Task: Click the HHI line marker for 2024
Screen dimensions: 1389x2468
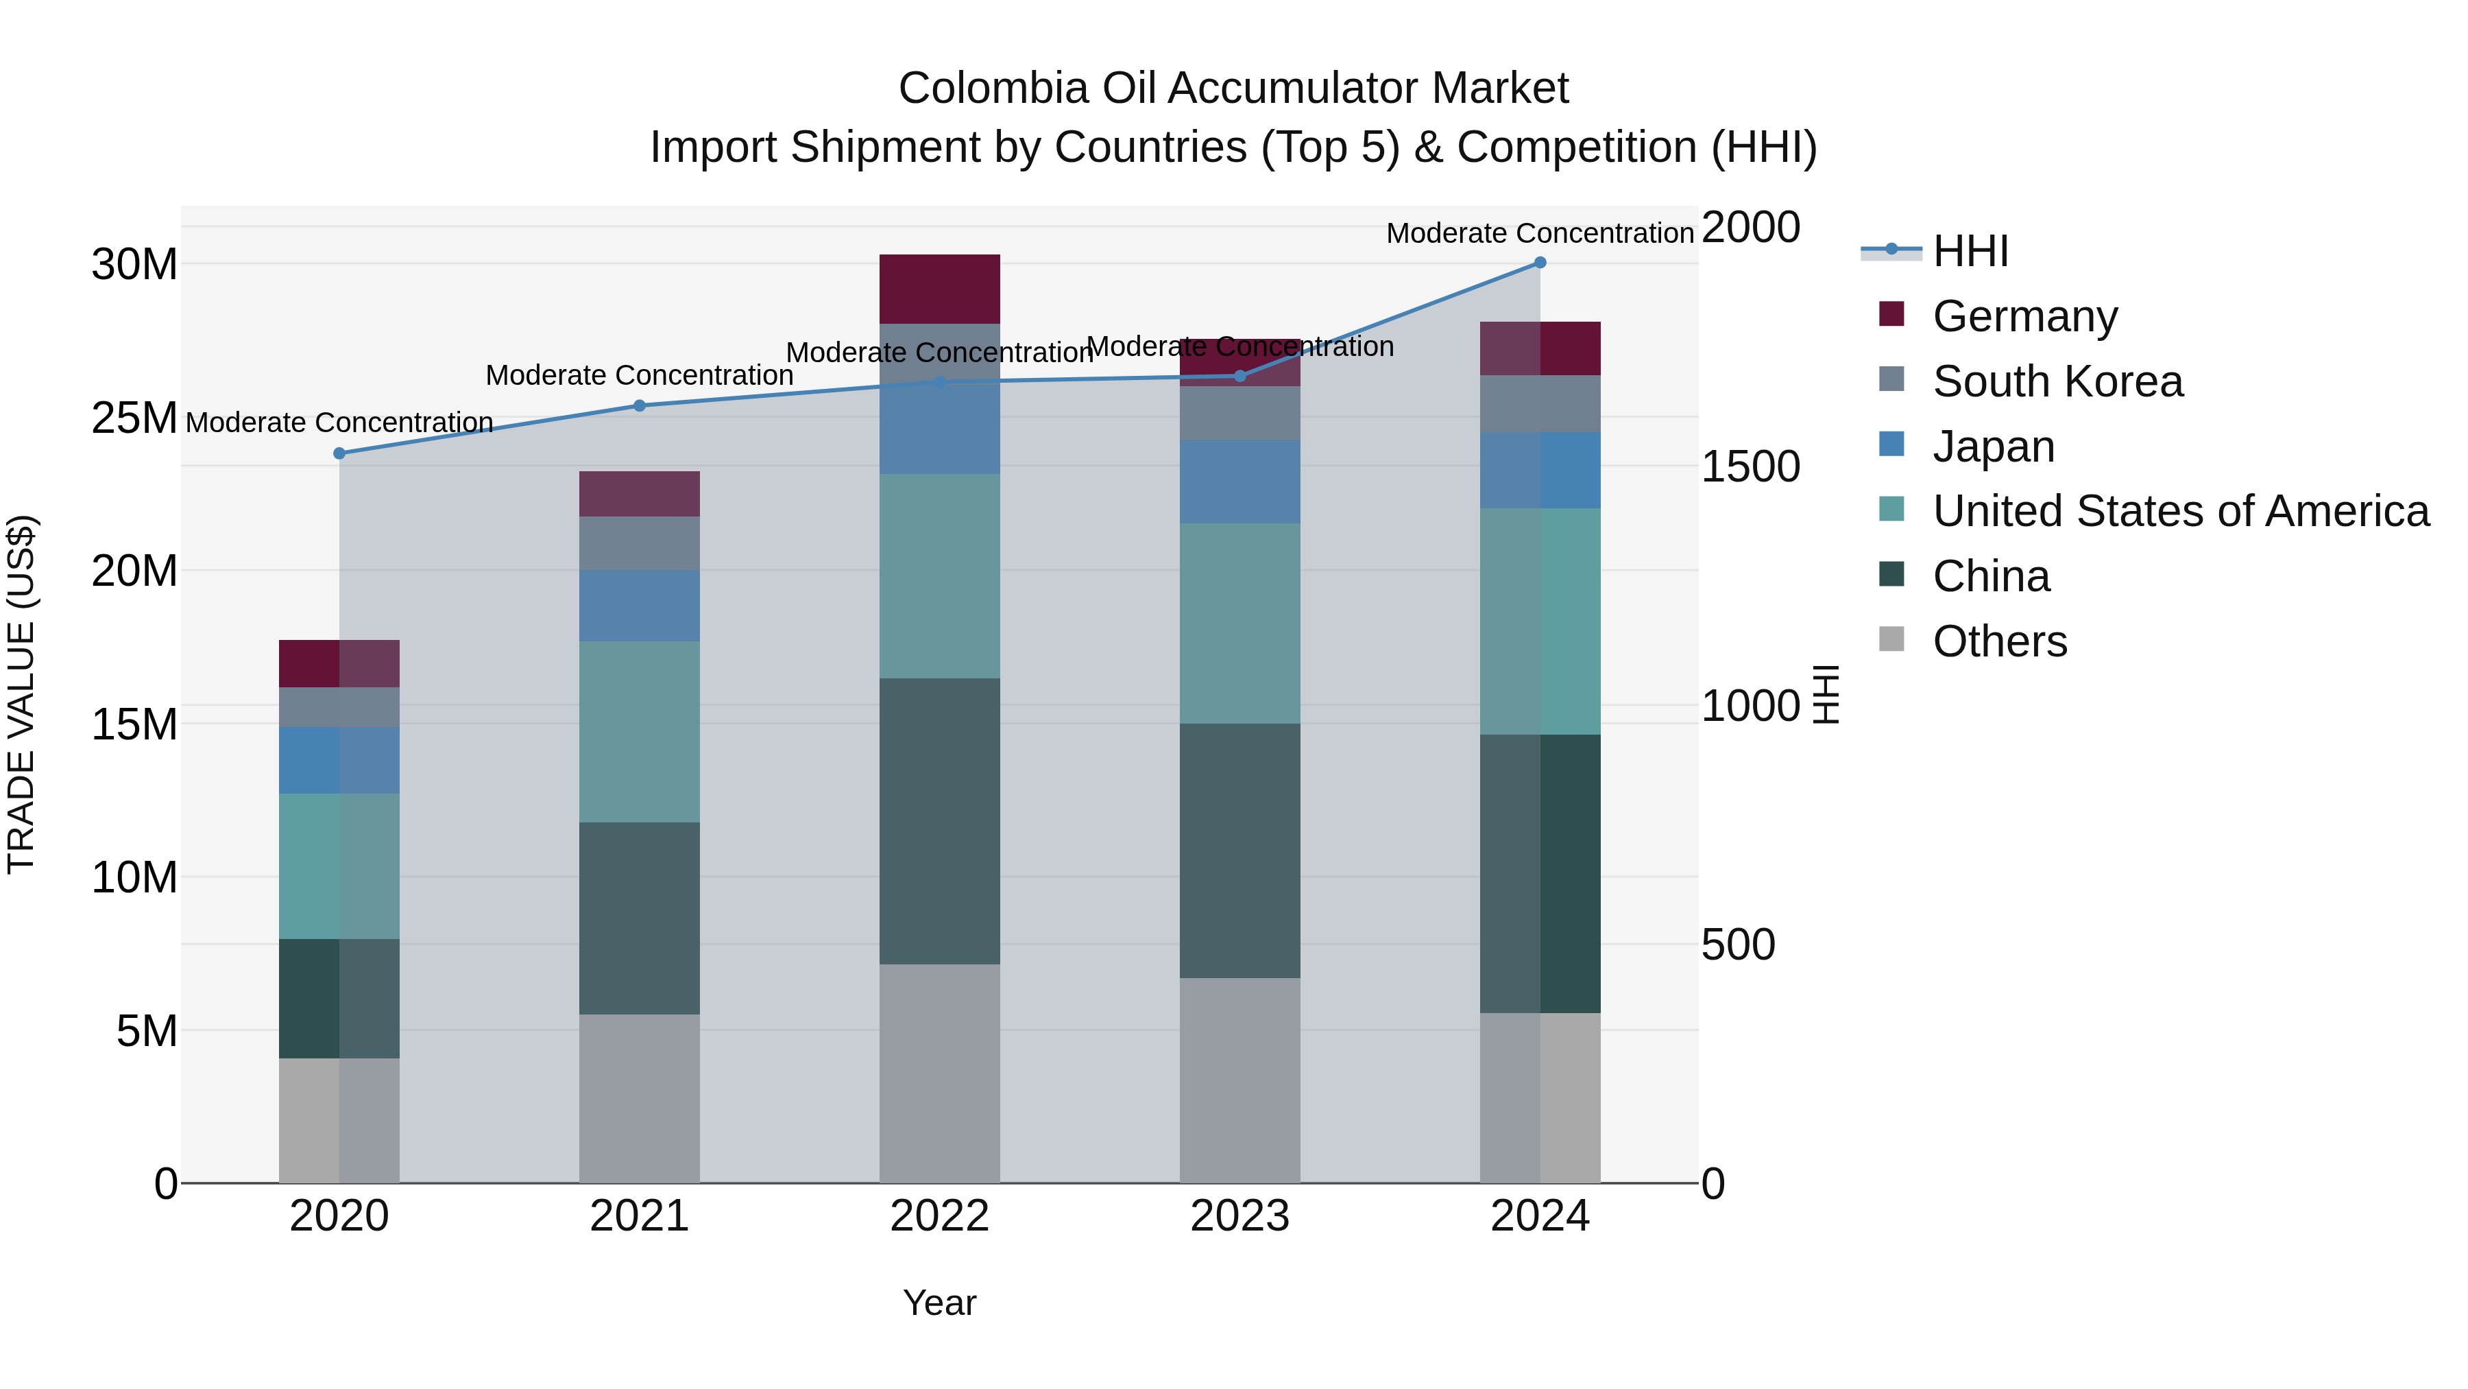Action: coord(1540,263)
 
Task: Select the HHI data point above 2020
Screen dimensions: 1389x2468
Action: coord(339,453)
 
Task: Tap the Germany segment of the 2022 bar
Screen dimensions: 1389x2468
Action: coord(939,289)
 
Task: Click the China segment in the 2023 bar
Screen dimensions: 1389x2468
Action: coord(1239,851)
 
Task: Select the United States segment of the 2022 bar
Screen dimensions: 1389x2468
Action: coord(939,576)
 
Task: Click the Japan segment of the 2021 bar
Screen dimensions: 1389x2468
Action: coord(639,606)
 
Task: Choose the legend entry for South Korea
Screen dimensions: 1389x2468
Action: coord(2056,381)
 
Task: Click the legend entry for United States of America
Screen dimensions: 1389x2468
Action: coord(2179,511)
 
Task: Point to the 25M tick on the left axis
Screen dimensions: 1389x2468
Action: coord(134,418)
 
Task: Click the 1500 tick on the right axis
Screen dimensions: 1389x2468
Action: coord(1750,467)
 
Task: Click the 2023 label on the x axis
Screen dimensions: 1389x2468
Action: coord(1239,1216)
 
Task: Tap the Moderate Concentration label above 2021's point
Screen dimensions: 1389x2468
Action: coord(639,375)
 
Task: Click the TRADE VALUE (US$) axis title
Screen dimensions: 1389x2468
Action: coord(21,694)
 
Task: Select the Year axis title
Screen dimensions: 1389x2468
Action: coord(939,1303)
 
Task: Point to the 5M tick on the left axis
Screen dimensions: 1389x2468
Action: coord(147,1030)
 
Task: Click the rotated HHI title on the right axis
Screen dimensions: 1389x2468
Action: coord(1826,694)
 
